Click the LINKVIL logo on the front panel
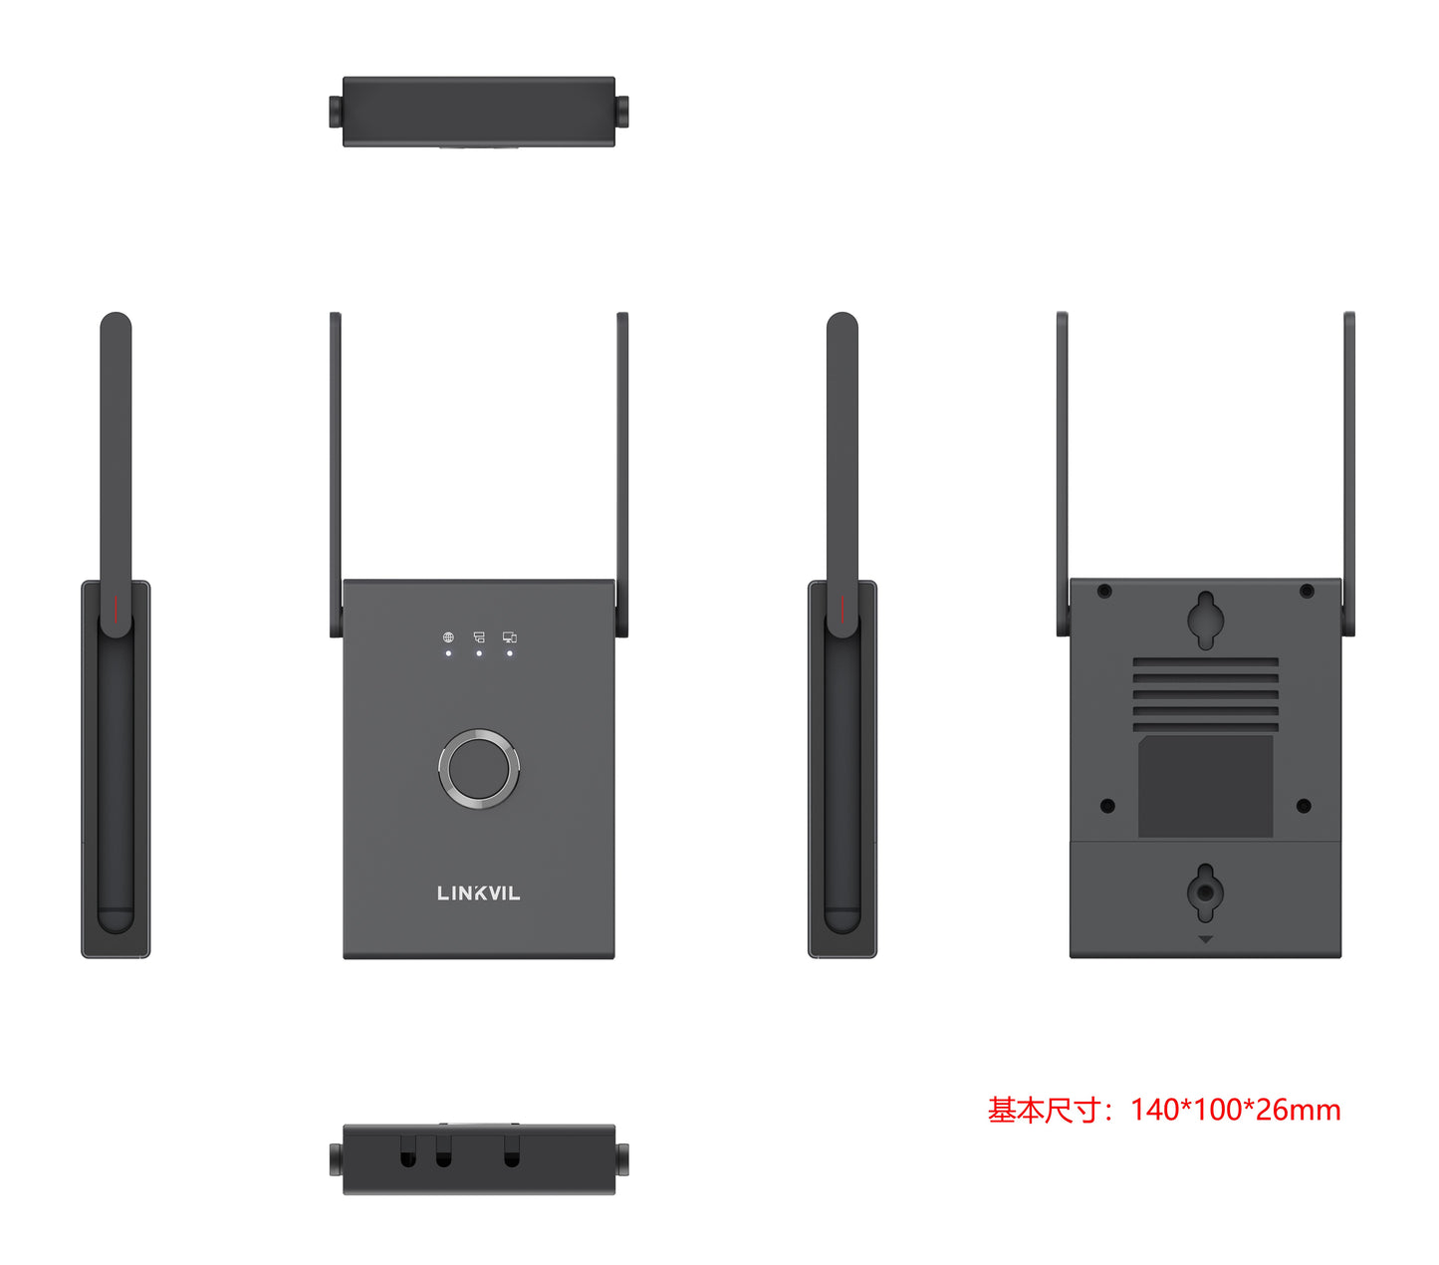point(478,893)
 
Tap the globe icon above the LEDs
point(448,637)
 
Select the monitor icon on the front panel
point(510,637)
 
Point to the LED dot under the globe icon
point(448,653)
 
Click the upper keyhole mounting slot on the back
point(1205,621)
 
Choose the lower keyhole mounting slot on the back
point(1205,891)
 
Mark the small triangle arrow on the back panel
point(1205,939)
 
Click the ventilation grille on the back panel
point(1205,693)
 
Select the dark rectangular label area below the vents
point(1205,787)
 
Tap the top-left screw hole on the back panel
point(1104,592)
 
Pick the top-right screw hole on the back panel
point(1307,592)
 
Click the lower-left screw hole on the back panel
point(1107,806)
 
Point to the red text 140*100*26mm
point(1235,1110)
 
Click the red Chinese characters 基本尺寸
point(1045,1110)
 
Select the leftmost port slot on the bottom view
point(408,1155)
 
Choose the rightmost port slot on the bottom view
point(512,1155)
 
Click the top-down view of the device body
point(478,112)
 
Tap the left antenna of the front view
point(336,468)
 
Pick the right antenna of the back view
point(1349,468)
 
